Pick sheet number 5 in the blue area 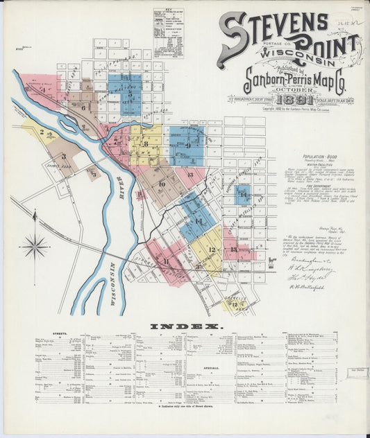coord(129,93)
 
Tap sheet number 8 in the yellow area coord(146,143)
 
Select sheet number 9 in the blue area coord(187,145)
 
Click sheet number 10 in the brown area coord(161,184)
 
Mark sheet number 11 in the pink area coord(165,260)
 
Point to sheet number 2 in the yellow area coord(42,131)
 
